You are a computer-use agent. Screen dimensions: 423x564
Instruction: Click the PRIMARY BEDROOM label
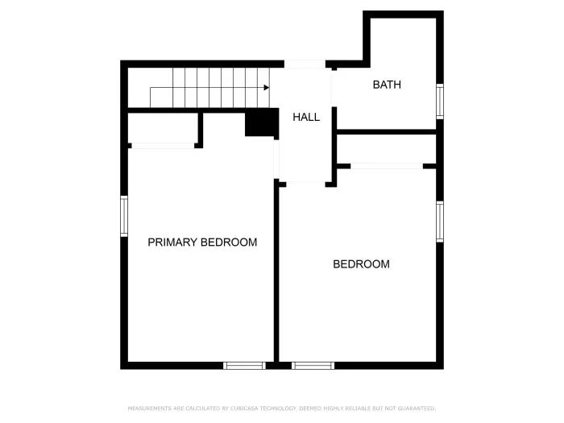click(x=202, y=242)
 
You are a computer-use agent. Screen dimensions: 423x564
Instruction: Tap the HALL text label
click(x=305, y=117)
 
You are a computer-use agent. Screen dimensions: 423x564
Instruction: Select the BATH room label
click(x=386, y=85)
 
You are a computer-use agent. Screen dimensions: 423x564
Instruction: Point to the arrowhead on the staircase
click(x=266, y=87)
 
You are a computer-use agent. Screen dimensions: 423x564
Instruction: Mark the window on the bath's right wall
click(x=439, y=102)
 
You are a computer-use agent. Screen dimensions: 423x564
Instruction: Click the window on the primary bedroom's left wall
click(x=124, y=216)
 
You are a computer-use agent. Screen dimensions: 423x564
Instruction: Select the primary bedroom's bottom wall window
click(x=244, y=365)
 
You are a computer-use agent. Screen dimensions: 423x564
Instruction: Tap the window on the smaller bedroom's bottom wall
click(x=313, y=365)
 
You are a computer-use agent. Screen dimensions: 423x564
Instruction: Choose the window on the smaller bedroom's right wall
click(x=439, y=222)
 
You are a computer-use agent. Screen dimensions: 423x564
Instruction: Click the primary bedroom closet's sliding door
click(x=162, y=146)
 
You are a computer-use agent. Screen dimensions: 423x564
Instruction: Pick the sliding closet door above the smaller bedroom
click(x=387, y=166)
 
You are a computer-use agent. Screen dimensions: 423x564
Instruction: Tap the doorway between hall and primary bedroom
click(x=276, y=160)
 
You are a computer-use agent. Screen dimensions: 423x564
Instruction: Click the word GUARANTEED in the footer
click(x=415, y=408)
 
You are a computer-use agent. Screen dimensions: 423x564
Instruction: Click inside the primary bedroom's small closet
click(x=163, y=127)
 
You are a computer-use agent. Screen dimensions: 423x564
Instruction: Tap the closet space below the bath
click(x=386, y=148)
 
